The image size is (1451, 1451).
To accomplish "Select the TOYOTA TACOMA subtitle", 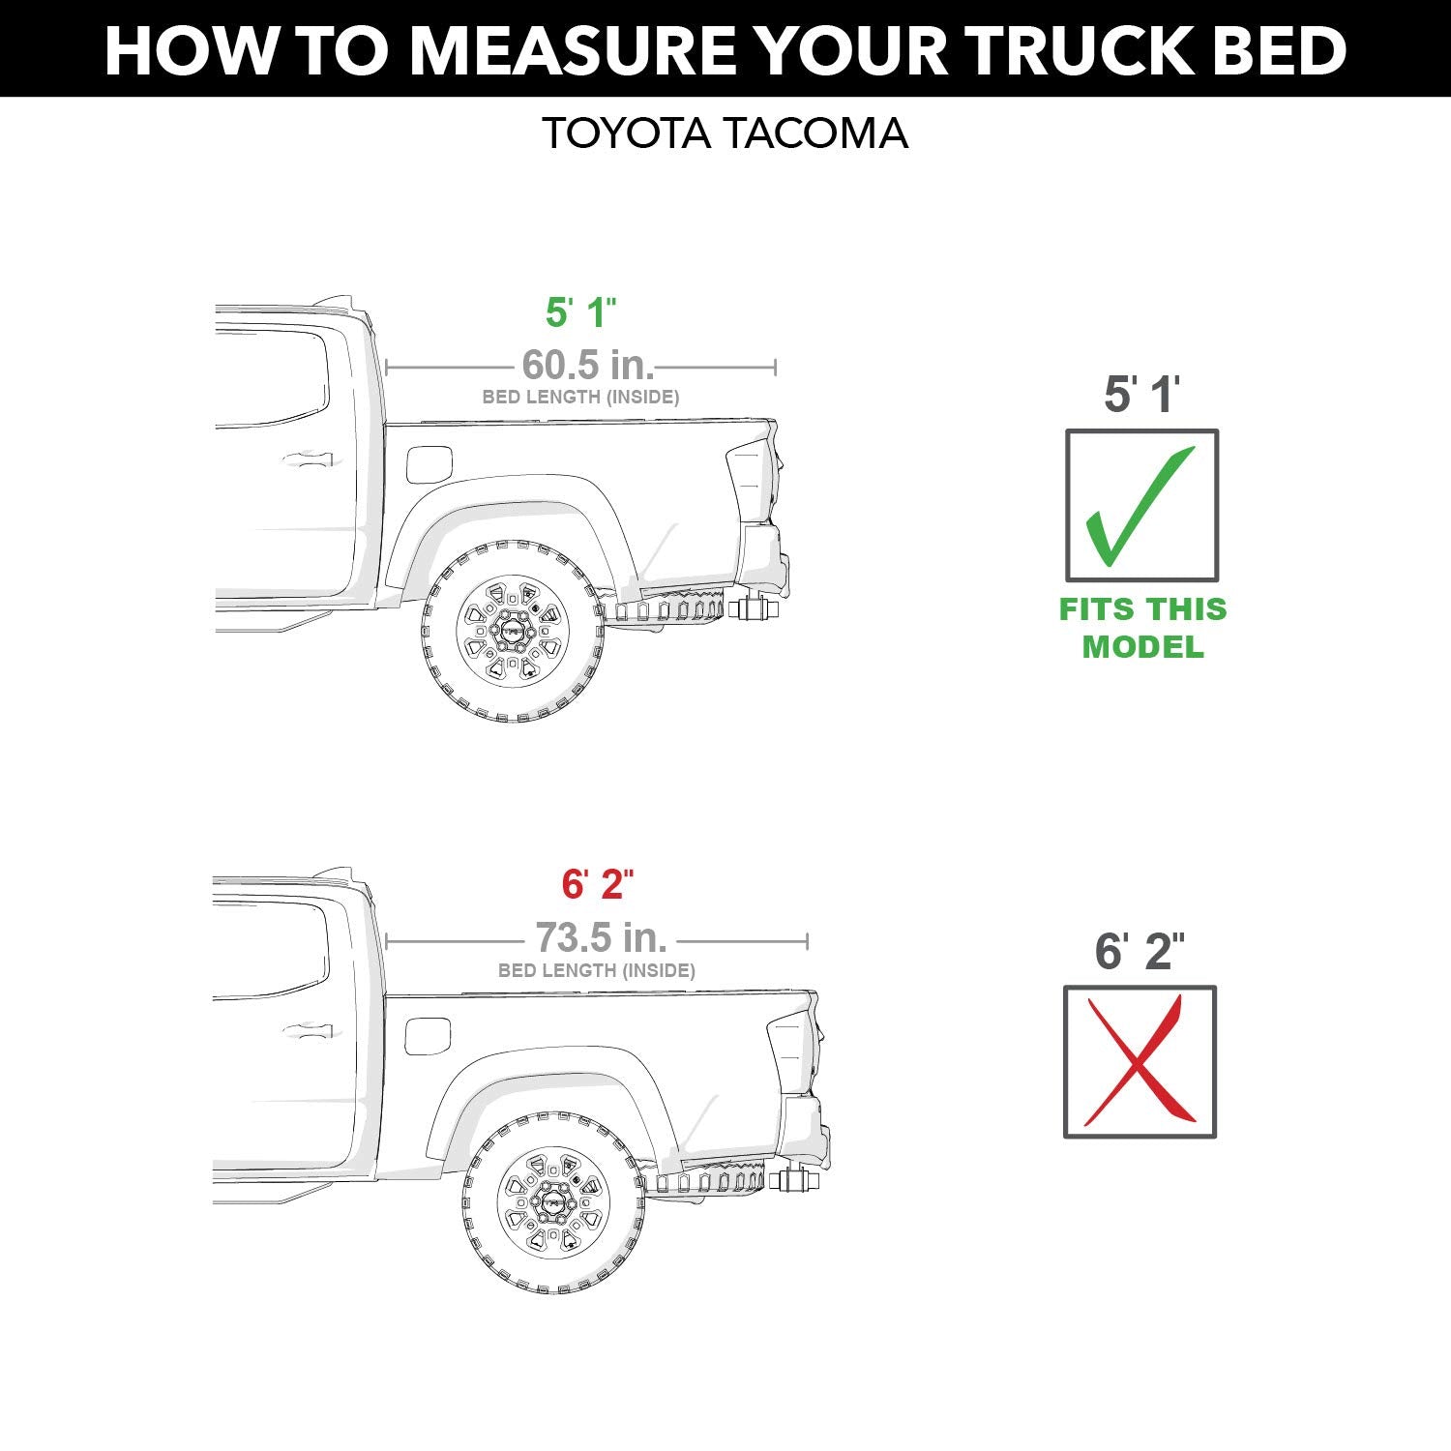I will click(x=725, y=133).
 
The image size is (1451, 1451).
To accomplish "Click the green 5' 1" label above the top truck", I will click(x=580, y=312).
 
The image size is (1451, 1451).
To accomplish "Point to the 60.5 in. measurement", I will click(x=587, y=366).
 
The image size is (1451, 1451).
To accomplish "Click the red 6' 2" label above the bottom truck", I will click(x=597, y=884).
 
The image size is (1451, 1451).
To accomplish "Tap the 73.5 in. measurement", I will click(x=601, y=937).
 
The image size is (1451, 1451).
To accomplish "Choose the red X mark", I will click(x=1139, y=1061).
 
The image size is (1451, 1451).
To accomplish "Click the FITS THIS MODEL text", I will click(x=1142, y=628).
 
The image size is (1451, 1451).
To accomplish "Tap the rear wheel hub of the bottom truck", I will click(x=553, y=1202).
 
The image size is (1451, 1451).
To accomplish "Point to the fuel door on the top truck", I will click(x=429, y=464).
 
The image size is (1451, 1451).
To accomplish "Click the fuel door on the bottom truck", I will click(x=428, y=1036).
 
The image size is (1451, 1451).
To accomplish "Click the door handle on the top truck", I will click(x=308, y=460).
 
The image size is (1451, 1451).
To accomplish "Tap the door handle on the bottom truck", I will click(x=308, y=1032).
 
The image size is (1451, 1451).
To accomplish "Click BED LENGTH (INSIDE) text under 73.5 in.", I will click(x=596, y=970).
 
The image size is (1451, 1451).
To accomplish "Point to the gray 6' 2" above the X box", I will click(x=1139, y=952).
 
